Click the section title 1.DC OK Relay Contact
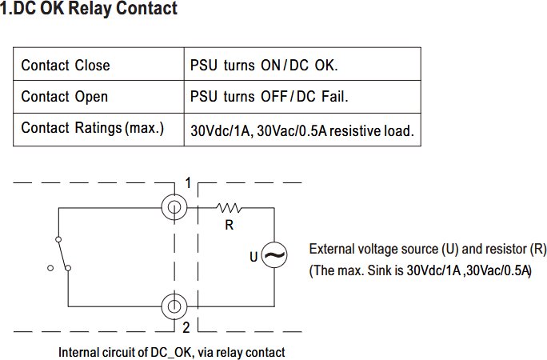coord(89,8)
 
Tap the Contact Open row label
coord(65,97)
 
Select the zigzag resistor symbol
coord(229,208)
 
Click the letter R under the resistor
coord(230,225)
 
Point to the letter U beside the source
coord(254,257)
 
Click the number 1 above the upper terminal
coord(188,182)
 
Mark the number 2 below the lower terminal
coord(186,327)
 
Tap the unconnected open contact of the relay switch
coord(50,268)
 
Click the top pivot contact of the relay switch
coord(58,239)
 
